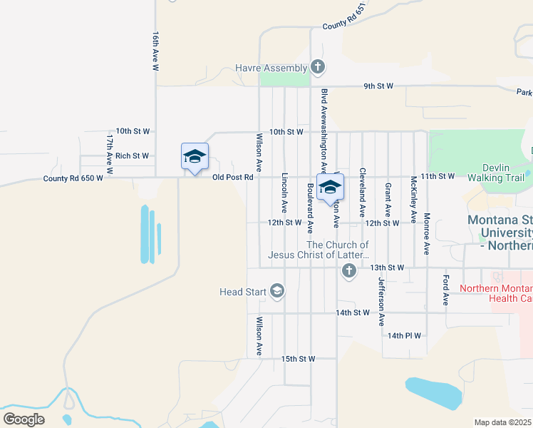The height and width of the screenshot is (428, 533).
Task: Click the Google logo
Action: pos(24,419)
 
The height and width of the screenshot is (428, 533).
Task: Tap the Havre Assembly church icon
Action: pos(318,68)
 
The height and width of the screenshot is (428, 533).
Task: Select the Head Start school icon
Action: pos(277,291)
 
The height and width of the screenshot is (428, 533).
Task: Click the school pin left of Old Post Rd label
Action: pos(195,158)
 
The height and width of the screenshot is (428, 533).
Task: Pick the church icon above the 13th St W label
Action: pos(348,270)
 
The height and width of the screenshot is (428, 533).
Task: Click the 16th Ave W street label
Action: pos(155,51)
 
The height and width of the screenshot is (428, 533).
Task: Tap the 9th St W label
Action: pos(378,86)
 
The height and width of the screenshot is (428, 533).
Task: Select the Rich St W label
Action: pos(132,156)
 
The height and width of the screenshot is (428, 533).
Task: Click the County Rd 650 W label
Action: pos(73,178)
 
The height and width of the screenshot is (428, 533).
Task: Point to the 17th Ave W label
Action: pos(110,153)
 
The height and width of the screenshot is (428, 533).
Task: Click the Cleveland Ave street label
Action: pos(362,193)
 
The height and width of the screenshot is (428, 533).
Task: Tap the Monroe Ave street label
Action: pos(426,233)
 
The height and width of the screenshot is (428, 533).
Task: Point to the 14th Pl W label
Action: pos(405,335)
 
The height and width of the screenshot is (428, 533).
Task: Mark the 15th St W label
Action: pos(298,358)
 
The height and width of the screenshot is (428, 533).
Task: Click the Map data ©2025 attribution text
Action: pos(503,422)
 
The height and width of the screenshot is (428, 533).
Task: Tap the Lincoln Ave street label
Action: pos(284,193)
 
